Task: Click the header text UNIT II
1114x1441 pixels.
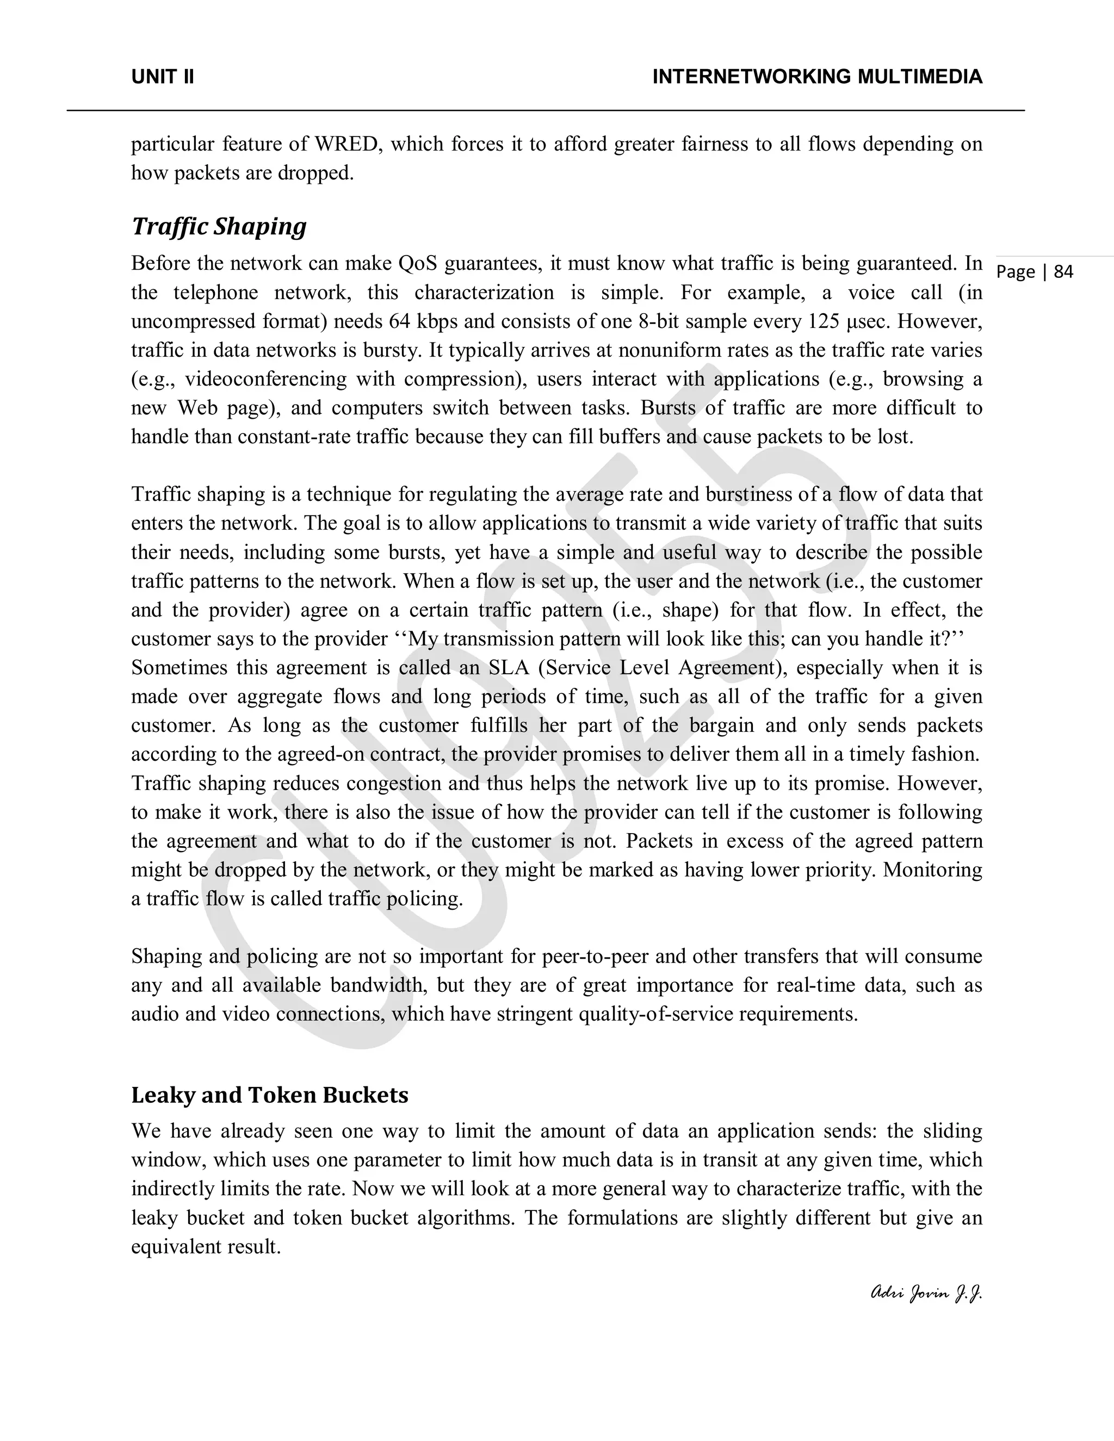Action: click(x=162, y=77)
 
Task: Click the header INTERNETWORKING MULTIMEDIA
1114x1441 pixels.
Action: click(x=817, y=77)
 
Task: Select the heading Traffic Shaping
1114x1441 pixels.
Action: click(x=219, y=226)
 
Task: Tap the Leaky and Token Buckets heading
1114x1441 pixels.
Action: click(x=269, y=1095)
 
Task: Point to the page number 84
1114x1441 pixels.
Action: click(x=1063, y=272)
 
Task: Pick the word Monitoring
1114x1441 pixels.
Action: click(x=932, y=870)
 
